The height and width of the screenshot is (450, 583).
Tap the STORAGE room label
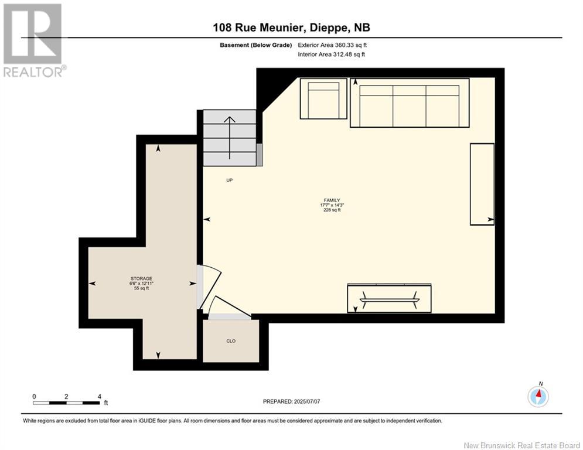pos(141,283)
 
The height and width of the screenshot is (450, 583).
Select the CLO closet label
pos(231,340)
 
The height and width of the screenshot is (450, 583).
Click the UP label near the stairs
pos(230,180)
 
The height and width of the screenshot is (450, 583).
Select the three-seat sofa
pos(410,103)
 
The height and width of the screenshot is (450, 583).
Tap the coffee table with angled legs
pos(390,299)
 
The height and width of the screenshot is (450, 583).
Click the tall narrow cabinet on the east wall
pos(482,184)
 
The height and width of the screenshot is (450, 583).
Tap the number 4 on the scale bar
pos(100,396)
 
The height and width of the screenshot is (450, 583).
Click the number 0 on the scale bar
pos(34,396)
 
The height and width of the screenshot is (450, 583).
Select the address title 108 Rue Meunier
pos(291,28)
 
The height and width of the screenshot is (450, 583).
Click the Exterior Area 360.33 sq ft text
pos(332,45)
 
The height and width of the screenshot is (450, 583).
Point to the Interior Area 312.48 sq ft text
pos(331,55)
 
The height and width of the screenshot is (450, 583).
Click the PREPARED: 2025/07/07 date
pos(291,401)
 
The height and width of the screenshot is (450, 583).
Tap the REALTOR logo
pos(33,40)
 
